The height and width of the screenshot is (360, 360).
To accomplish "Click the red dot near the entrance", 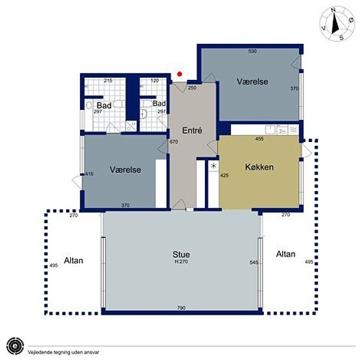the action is tap(180, 74).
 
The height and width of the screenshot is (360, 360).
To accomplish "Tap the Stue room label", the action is tap(181, 255).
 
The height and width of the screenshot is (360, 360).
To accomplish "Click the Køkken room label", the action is tap(259, 167).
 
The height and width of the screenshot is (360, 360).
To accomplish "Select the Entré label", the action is tap(192, 130).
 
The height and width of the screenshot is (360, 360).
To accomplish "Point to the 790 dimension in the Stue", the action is tap(181, 308).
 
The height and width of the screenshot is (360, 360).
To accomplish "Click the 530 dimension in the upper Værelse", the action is tap(252, 51).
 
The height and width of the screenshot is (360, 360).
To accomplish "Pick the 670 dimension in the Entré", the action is tap(173, 141).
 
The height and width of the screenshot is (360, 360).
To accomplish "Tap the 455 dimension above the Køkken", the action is tap(259, 139).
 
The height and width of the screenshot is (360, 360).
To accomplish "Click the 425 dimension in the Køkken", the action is tap(224, 175).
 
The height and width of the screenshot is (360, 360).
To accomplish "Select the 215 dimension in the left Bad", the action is tap(108, 81).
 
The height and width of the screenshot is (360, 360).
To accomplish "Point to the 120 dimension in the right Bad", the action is tap(154, 81).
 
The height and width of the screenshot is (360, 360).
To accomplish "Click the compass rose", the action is tap(337, 24).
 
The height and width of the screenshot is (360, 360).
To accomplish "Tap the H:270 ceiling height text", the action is tap(181, 262).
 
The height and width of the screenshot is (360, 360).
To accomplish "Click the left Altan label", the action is tap(73, 261).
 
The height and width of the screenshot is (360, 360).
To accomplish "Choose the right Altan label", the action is tap(285, 254).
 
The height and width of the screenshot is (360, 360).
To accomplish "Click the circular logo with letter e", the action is tap(15, 346).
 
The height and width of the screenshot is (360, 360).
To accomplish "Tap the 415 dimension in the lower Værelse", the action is tap(89, 174).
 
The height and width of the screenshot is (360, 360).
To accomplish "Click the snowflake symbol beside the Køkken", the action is tap(213, 166).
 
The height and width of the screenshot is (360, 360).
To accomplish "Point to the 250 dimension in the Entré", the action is tap(192, 88).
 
